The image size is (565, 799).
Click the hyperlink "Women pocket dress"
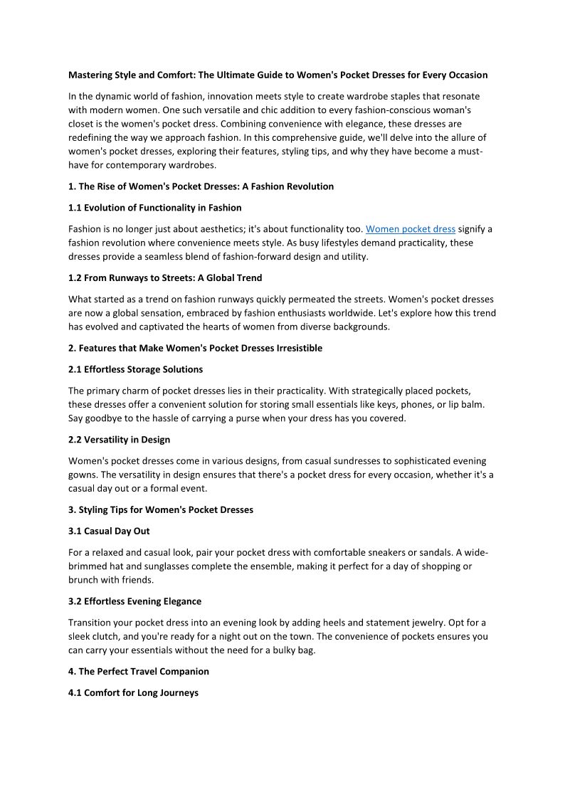[411, 229]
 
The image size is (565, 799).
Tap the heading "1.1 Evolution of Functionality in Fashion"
[155, 208]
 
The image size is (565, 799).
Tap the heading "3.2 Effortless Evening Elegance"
[134, 601]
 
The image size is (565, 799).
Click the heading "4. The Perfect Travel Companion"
[139, 671]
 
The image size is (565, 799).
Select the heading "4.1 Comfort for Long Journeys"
[133, 692]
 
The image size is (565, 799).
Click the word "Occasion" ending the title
[467, 75]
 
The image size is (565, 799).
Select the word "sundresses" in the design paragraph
[344, 461]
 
